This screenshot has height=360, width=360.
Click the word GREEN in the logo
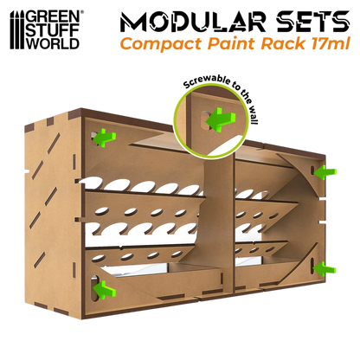(53, 16)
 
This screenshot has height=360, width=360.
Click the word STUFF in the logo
(52, 30)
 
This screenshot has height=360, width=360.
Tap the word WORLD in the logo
(53, 43)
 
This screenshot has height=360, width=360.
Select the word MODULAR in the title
(193, 22)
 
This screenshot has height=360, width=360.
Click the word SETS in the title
(312, 22)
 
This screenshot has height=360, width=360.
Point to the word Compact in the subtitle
(161, 44)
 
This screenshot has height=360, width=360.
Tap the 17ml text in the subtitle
(331, 43)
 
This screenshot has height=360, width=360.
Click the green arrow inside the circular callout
(221, 119)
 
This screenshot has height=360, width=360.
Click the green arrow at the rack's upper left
(106, 138)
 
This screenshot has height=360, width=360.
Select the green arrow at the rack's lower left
(106, 289)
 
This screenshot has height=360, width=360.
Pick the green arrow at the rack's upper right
(325, 172)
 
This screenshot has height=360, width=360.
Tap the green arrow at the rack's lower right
(325, 268)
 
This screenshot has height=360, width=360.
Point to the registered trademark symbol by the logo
(82, 13)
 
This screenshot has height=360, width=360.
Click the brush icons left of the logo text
(17, 30)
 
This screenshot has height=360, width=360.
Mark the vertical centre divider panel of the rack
(221, 225)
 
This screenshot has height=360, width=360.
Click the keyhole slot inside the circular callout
(205, 120)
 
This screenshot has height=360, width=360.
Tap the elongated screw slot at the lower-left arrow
(94, 288)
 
